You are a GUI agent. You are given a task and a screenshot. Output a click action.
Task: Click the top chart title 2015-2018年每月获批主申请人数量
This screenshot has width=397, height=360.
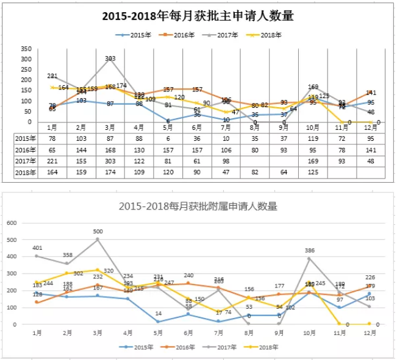[198, 16]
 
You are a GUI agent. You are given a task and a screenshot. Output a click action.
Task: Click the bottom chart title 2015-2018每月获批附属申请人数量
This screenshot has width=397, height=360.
[198, 206]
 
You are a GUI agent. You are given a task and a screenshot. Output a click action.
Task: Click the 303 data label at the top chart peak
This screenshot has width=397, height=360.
[110, 58]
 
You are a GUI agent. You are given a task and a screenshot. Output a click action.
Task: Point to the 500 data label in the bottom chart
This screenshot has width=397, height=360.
[98, 231]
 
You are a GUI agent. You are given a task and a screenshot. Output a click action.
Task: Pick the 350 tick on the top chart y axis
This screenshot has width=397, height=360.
[26, 48]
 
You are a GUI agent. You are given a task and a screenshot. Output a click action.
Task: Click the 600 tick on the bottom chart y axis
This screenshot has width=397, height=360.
[13, 222]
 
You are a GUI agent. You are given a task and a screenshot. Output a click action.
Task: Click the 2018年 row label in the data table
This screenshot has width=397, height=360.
[25, 173]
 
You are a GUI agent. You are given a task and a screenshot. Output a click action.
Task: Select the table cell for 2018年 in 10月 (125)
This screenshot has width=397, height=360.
[313, 173]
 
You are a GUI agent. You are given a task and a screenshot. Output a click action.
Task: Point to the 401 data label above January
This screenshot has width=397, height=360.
[38, 248]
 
